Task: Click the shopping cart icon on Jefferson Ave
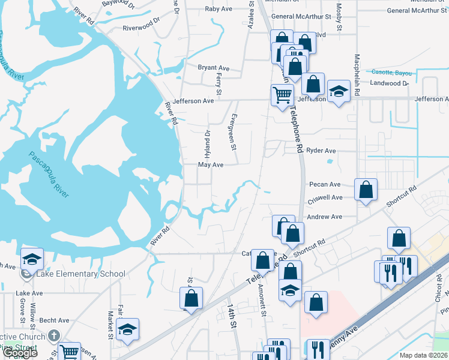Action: (x=282, y=95)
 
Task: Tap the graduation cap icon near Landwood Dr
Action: (x=339, y=91)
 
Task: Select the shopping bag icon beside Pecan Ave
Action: (x=366, y=190)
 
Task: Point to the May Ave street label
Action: (x=211, y=164)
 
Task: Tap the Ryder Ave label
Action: (x=321, y=151)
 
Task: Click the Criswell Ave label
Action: (x=325, y=197)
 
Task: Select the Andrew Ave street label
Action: (x=324, y=217)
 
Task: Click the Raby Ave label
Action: (x=218, y=9)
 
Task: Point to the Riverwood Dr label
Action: (x=141, y=28)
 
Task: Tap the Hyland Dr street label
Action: (x=208, y=140)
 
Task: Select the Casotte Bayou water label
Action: (x=393, y=73)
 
